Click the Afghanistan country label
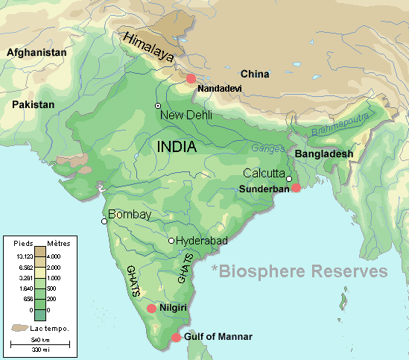[x=37, y=53]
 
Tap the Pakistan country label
[x=34, y=105]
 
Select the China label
[x=255, y=74]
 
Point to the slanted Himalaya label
[x=148, y=47]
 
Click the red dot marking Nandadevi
[x=191, y=78]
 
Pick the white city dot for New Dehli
[x=158, y=105]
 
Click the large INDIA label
[x=177, y=147]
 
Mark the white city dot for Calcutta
[x=289, y=179]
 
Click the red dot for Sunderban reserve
[x=296, y=188]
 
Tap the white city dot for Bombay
[x=104, y=221]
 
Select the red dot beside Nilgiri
[x=152, y=308]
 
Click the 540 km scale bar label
[x=40, y=338]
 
